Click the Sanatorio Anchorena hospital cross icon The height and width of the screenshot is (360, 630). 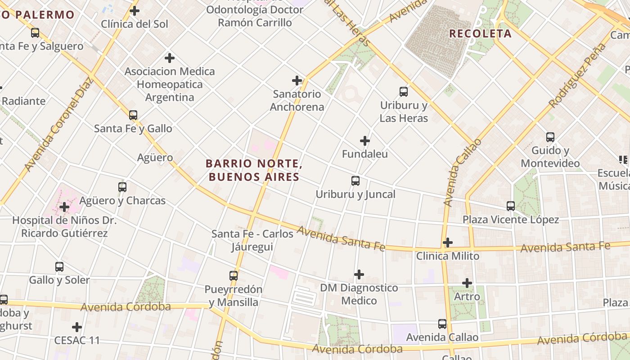[297, 81]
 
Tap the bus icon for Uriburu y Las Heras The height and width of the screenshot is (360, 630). [404, 92]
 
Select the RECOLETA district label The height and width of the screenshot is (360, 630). [480, 33]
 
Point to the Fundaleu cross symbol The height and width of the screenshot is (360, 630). [365, 141]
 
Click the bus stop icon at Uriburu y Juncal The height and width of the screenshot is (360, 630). [355, 181]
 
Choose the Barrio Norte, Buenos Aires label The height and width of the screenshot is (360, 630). [254, 170]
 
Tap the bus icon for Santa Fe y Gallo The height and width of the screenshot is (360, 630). [133, 115]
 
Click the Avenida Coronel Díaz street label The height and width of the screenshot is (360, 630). [58, 124]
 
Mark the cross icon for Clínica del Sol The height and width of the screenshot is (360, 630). [135, 11]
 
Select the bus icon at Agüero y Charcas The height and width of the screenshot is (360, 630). [122, 187]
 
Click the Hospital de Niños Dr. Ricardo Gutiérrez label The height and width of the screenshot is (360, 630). [64, 227]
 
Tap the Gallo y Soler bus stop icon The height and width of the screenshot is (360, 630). [59, 266]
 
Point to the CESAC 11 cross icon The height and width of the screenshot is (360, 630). [77, 327]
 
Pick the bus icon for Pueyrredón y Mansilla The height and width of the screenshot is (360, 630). [234, 275]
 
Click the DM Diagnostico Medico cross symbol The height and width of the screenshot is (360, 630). [359, 274]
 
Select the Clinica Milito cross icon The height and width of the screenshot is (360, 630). [448, 243]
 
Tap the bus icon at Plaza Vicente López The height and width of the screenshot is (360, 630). [511, 206]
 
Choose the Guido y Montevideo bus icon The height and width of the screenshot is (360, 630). [550, 137]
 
